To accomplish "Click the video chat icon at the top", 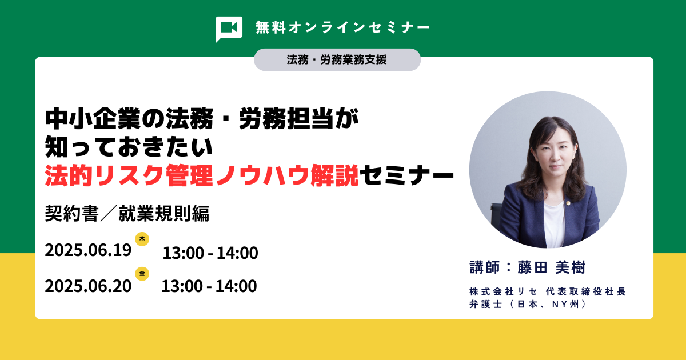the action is point(229,29).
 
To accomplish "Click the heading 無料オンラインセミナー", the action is point(343,27).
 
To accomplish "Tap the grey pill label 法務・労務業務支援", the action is point(337,59).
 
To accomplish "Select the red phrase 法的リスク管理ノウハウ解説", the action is point(202,176).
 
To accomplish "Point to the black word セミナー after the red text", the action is point(406,176).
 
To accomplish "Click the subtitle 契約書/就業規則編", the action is point(127,213).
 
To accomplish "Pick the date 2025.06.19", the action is point(88,250).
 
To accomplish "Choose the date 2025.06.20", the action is point(88,286).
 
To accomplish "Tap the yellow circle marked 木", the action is point(142,239).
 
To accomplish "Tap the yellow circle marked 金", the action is point(142,274).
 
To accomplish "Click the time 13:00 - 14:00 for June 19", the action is point(210,253).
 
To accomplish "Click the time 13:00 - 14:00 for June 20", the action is point(209,286).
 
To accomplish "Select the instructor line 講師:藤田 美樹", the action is point(527,267).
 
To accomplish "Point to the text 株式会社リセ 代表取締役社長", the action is point(548,291).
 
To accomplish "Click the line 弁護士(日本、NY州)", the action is point(528,304).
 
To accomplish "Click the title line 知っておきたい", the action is point(129,147).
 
